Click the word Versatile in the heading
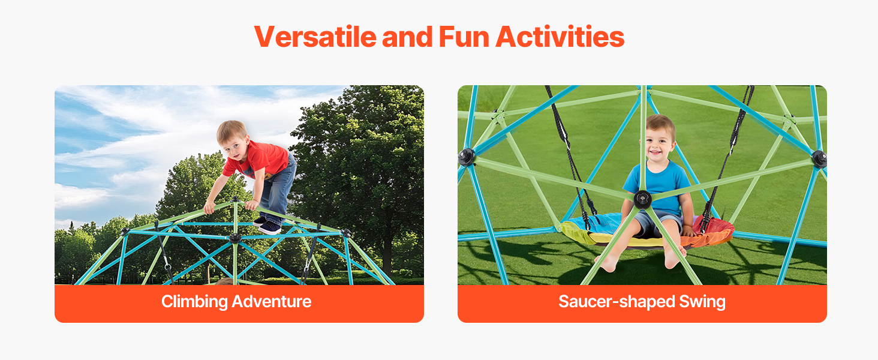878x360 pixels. tap(315, 37)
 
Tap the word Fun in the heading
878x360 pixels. tap(464, 37)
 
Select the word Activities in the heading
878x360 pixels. tap(560, 37)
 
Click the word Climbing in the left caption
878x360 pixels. tap(194, 302)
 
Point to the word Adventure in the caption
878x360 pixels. tap(271, 302)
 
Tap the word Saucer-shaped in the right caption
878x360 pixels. tap(617, 302)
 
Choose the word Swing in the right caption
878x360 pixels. tap(702, 302)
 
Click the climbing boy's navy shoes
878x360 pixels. tap(267, 225)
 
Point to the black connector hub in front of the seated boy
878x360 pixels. tap(643, 199)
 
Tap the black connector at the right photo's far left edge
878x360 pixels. tap(466, 157)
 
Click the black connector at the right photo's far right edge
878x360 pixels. tap(820, 159)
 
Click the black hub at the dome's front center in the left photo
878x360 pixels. tap(234, 238)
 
